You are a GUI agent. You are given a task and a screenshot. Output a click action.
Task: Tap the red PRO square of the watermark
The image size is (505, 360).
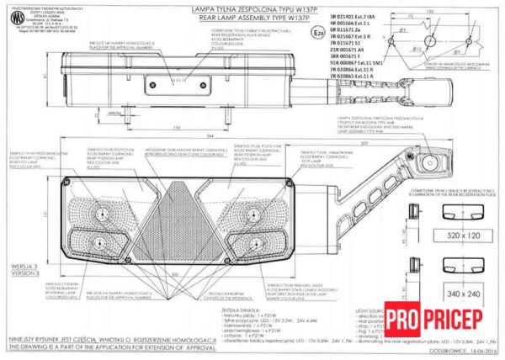pos(405,320)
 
